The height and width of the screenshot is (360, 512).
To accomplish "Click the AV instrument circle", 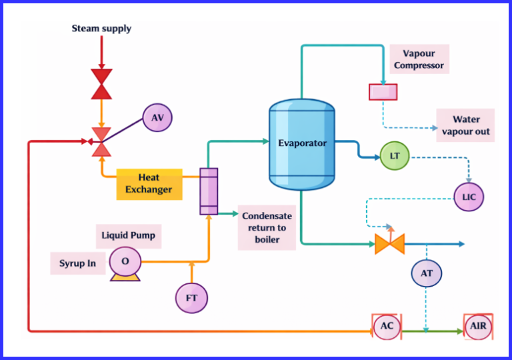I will (x=157, y=118).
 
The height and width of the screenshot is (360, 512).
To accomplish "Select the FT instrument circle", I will (x=191, y=297).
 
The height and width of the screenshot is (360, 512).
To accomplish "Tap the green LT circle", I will (x=395, y=156).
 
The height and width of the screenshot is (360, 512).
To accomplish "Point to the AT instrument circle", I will (x=427, y=273).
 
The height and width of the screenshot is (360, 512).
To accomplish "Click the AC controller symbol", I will (x=387, y=327).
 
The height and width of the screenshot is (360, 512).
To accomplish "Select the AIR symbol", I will (x=478, y=327).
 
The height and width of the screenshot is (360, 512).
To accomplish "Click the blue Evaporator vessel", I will (x=302, y=143).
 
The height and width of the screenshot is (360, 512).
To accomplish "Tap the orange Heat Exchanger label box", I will (x=149, y=184).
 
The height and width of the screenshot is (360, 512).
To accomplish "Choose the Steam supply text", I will (x=101, y=29).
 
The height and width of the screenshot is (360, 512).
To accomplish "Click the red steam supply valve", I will (x=101, y=83).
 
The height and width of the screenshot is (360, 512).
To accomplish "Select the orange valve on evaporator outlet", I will (x=389, y=244).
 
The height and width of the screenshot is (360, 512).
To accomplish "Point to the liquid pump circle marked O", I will (x=125, y=261).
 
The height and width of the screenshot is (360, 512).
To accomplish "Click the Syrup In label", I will (x=78, y=263).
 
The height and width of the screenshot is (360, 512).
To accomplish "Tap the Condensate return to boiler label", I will (x=267, y=228).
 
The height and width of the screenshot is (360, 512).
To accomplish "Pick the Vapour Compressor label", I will (x=419, y=59).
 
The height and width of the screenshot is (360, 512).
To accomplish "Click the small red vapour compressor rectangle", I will (x=383, y=92).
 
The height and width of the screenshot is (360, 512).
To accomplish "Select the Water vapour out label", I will (x=465, y=125).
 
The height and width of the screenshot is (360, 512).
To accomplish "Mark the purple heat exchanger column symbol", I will (x=209, y=191).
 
